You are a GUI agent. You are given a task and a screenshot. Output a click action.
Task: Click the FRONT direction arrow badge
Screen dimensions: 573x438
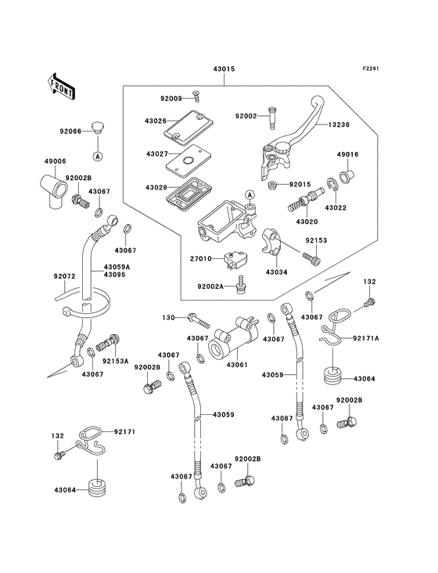(x=61, y=85)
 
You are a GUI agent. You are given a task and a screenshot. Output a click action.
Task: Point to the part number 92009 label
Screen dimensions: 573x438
(x=171, y=99)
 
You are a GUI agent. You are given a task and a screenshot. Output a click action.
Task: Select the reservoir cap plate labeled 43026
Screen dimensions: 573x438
(x=185, y=125)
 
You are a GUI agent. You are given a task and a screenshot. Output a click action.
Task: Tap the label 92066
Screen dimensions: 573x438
(x=71, y=132)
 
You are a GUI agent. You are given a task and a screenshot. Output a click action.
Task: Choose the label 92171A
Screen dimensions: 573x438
(x=365, y=338)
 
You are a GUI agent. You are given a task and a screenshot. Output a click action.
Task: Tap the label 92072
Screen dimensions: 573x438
(x=64, y=276)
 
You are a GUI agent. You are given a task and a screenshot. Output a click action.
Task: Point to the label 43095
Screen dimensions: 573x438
(x=116, y=275)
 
